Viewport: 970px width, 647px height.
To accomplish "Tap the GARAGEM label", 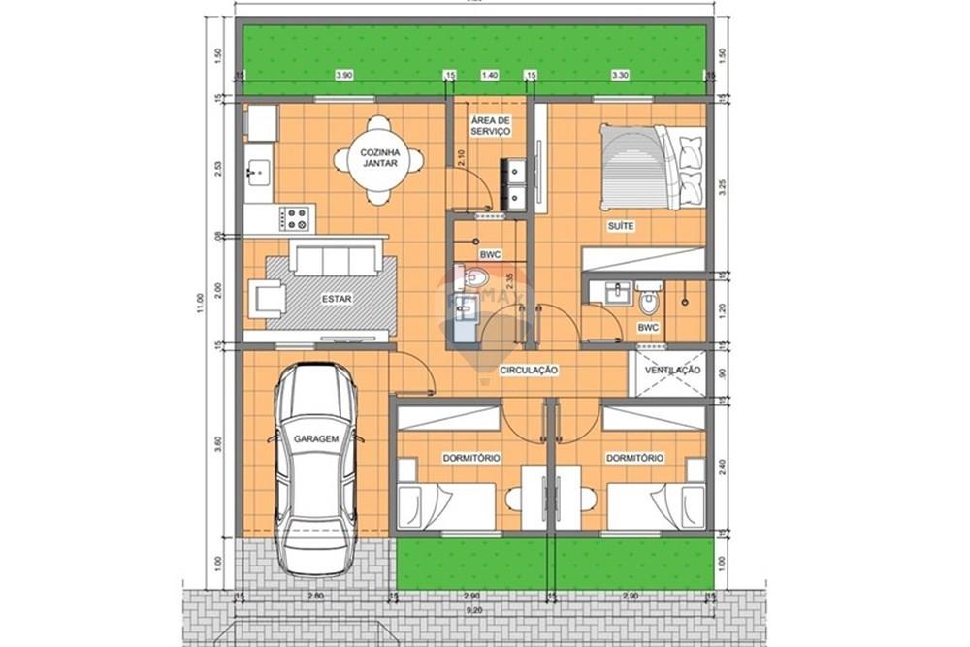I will pyautogui.click(x=316, y=439).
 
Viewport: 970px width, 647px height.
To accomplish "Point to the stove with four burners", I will pyautogui.click(x=297, y=217).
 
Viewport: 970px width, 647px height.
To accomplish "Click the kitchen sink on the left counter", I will pyautogui.click(x=257, y=174).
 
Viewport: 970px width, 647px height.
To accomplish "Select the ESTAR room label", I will pyautogui.click(x=336, y=299).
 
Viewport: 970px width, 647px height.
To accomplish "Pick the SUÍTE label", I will pyautogui.click(x=621, y=226).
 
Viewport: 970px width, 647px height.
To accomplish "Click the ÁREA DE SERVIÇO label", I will pyautogui.click(x=490, y=125).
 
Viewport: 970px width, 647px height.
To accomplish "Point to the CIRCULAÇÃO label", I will pyautogui.click(x=529, y=371).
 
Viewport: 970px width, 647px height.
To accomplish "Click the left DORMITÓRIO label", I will pyautogui.click(x=471, y=457).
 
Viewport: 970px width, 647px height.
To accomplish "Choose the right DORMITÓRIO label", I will pyautogui.click(x=634, y=457).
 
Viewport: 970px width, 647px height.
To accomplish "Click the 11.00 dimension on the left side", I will pyautogui.click(x=201, y=305).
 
